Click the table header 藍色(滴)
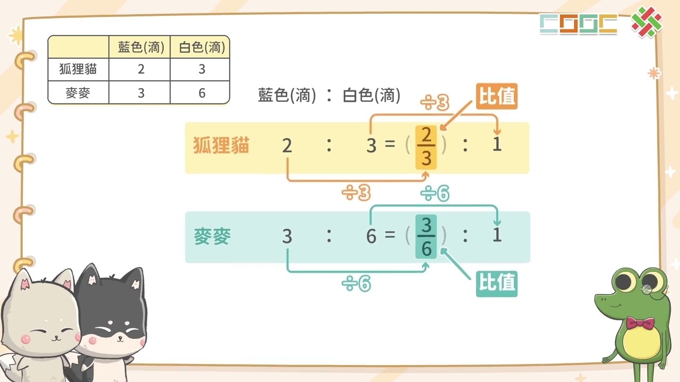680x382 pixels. click(141, 47)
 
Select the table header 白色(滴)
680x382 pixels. click(202, 47)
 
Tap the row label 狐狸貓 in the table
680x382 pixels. click(78, 69)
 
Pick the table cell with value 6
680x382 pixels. click(202, 93)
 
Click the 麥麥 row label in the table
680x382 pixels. click(78, 93)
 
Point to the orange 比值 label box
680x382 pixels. click(497, 96)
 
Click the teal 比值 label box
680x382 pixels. click(497, 284)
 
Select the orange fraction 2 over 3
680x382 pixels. click(426, 147)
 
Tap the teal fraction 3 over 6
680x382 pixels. click(426, 237)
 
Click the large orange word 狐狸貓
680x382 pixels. click(221, 145)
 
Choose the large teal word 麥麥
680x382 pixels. click(212, 236)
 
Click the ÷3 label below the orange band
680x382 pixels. click(356, 193)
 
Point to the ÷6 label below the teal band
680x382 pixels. click(356, 284)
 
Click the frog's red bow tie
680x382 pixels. click(640, 324)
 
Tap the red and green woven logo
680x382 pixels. click(647, 22)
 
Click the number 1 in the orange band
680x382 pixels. click(497, 144)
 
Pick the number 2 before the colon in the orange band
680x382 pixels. click(287, 145)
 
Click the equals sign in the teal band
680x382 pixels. click(390, 234)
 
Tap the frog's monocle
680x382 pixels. click(647, 290)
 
